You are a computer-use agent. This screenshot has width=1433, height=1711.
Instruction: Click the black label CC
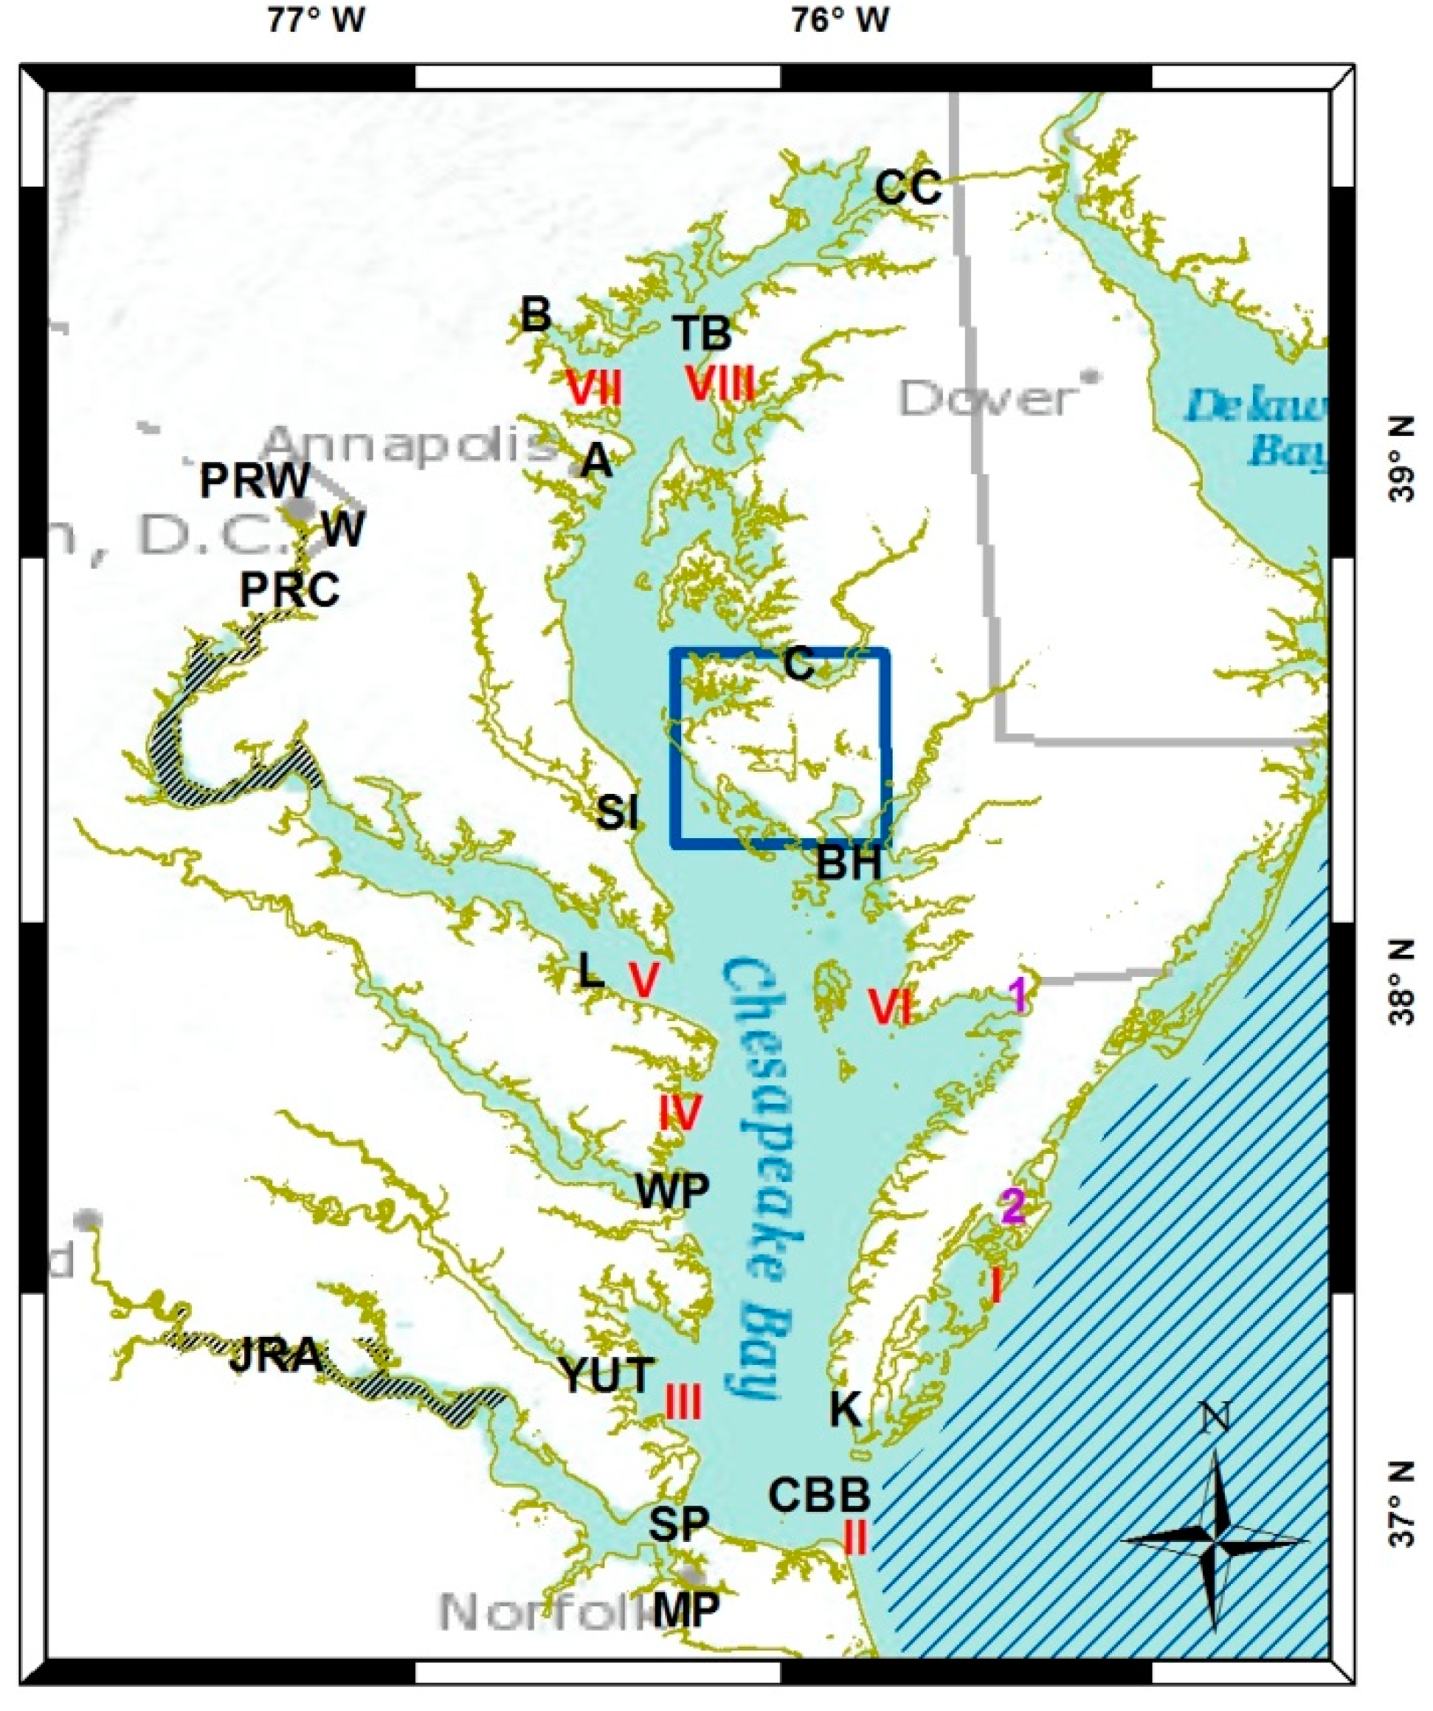click(908, 188)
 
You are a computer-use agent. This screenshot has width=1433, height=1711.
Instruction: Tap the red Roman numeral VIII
click(719, 384)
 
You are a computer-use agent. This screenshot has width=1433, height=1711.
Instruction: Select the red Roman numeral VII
click(594, 389)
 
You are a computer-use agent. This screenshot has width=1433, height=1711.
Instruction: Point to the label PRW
click(255, 482)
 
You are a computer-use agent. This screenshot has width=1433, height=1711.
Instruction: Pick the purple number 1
click(1017, 995)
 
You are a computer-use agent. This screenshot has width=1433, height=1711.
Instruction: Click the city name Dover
click(987, 399)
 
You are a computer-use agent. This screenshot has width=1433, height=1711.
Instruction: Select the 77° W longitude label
click(317, 20)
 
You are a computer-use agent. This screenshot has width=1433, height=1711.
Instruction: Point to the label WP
click(672, 1192)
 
